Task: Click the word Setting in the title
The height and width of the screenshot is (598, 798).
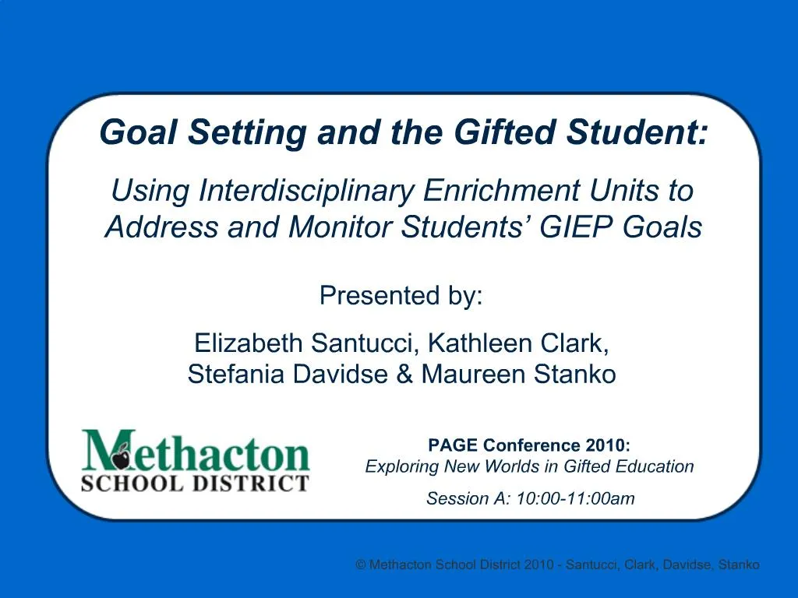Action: coord(247,133)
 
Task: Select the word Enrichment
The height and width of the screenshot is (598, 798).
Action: coord(501,191)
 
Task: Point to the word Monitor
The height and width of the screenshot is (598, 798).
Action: coord(340,227)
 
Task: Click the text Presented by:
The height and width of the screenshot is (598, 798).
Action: coord(401,295)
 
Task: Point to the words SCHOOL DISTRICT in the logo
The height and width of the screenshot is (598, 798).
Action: coord(195,483)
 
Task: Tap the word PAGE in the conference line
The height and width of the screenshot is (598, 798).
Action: coord(453,445)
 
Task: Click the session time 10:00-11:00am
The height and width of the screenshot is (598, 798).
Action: coord(576,498)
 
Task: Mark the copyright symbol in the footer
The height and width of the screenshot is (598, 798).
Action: coord(361,565)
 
